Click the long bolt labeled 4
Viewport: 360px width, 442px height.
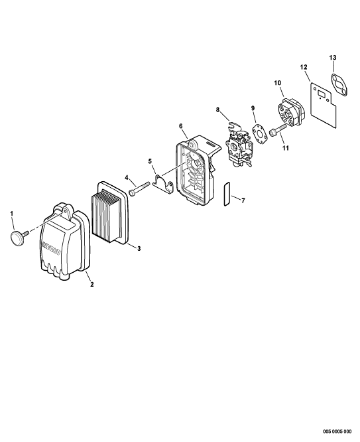tap(139, 188)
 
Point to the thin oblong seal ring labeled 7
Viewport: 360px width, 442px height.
tap(227, 194)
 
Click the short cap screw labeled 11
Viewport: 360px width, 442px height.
tap(278, 131)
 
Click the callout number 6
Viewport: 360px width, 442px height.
tap(181, 126)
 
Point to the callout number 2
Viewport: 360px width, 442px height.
tap(92, 285)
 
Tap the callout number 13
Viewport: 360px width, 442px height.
tap(333, 58)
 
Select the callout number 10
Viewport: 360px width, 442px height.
tap(278, 83)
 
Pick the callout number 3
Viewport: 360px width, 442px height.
tap(139, 248)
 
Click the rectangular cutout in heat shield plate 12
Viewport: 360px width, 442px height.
tap(322, 94)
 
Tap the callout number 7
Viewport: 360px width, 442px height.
tap(243, 200)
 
